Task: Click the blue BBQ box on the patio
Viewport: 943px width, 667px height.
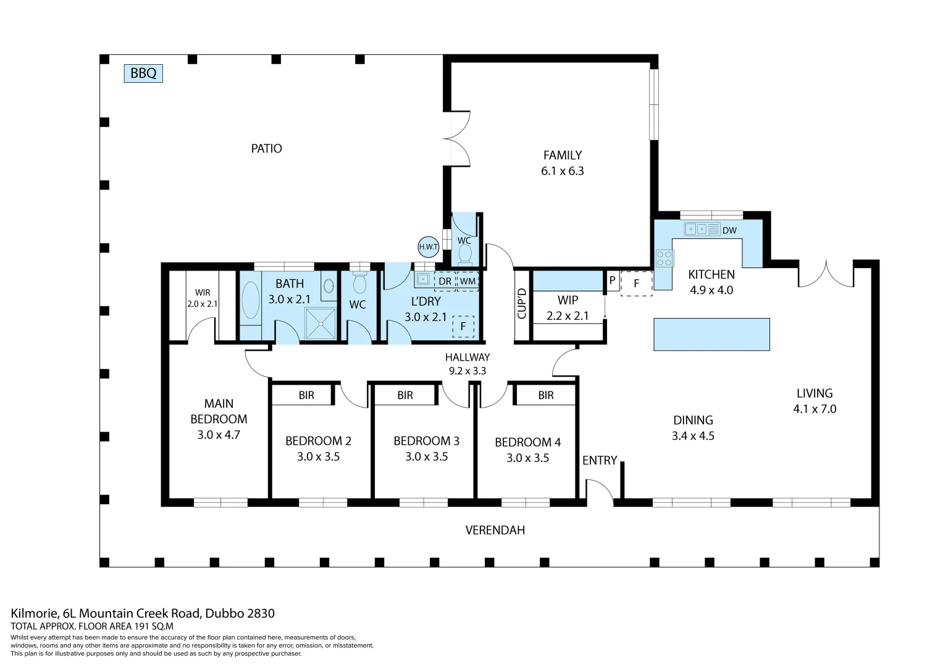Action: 143,73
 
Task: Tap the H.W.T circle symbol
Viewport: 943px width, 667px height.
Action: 429,246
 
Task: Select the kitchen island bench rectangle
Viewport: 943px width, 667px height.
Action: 711,334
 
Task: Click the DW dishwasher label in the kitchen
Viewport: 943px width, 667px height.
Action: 729,230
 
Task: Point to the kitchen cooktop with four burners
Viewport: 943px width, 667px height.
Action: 664,258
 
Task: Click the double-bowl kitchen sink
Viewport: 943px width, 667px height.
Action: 697,229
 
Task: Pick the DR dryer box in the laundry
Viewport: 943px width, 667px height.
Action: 445,281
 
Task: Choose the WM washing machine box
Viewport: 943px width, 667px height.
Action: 467,281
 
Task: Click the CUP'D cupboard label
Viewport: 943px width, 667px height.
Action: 522,304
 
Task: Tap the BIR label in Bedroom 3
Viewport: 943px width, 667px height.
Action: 405,395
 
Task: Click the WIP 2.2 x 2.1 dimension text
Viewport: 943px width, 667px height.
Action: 568,316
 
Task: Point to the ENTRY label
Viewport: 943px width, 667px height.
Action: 600,460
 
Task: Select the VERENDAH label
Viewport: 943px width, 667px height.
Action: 495,530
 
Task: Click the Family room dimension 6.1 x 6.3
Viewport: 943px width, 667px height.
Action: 562,171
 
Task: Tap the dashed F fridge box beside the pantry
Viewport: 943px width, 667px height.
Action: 636,283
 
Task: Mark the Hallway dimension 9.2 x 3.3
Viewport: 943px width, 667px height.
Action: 467,371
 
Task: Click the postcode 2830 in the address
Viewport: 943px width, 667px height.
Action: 261,613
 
